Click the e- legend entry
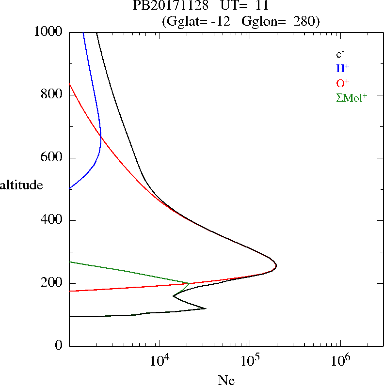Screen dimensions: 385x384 [x=340, y=54]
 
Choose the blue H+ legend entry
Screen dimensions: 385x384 [x=342, y=68]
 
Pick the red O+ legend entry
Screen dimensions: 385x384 [x=342, y=83]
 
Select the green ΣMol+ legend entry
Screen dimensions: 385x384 [x=351, y=97]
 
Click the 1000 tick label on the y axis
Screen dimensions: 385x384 [x=48, y=32]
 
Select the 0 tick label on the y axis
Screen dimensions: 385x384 [x=59, y=346]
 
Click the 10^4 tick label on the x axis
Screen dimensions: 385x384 [x=160, y=361]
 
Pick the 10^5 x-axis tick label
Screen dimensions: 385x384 [x=250, y=361]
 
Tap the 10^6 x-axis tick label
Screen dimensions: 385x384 [x=340, y=361]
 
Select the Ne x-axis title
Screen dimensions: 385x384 [x=226, y=380]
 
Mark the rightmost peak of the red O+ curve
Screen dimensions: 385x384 [x=276, y=266]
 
